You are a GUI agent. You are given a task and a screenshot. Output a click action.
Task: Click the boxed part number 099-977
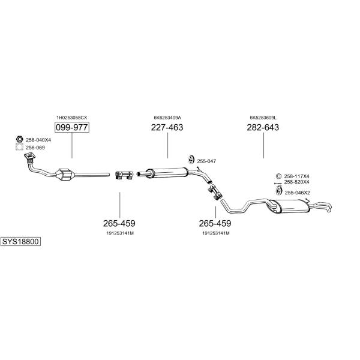click(x=72, y=127)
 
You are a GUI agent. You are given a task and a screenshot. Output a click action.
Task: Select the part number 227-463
click(x=167, y=127)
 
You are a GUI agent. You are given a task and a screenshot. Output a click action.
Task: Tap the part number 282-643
click(x=263, y=127)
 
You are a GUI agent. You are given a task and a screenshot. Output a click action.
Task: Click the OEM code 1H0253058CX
click(x=72, y=118)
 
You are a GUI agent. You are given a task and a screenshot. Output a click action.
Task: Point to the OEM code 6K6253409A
click(x=167, y=118)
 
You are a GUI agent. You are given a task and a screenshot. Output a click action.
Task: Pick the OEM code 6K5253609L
click(x=263, y=118)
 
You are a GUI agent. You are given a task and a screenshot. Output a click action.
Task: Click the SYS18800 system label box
click(x=20, y=242)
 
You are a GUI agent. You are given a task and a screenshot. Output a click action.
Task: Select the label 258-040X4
click(x=38, y=140)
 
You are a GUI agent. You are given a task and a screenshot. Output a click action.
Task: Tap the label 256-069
click(x=35, y=148)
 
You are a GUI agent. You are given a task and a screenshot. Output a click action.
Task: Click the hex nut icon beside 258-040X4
click(x=20, y=139)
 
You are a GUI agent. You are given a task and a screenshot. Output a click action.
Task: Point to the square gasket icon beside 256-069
click(x=20, y=147)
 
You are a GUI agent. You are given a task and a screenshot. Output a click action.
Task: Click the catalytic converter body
click(x=65, y=175)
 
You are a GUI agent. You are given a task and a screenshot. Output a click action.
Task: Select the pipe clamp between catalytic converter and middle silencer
click(x=124, y=175)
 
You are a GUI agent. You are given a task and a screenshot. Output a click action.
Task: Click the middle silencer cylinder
click(x=167, y=173)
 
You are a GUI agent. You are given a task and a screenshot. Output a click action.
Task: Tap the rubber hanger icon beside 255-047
click(x=191, y=160)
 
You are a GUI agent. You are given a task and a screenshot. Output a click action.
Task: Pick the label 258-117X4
click(x=296, y=176)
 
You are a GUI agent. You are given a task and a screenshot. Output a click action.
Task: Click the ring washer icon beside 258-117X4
click(x=278, y=176)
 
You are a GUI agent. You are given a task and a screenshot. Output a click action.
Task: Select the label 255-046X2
click(x=298, y=193)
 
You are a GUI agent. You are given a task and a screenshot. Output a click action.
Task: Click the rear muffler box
click(x=290, y=206)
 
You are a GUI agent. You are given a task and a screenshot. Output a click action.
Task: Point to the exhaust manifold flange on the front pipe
click(x=30, y=156)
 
